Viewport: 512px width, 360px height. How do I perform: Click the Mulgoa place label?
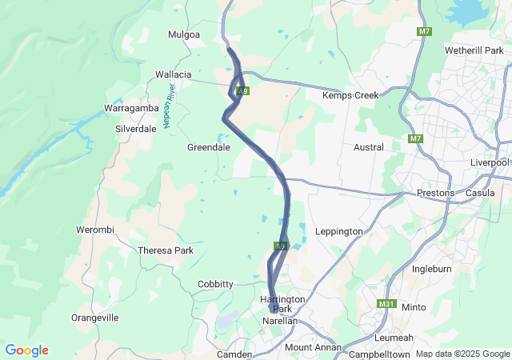coord(182,34)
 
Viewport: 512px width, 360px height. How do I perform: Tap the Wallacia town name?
coord(174,74)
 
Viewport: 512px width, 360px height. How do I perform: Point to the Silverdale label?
coord(136,128)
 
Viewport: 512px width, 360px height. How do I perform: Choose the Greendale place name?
coord(209,147)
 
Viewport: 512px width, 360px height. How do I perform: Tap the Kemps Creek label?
coord(350,95)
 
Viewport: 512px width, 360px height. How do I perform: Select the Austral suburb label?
coord(369,147)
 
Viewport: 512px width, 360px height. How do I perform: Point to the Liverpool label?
coord(490,162)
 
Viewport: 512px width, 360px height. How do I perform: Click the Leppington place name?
coord(339,231)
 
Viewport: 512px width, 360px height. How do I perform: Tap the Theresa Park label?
coord(166,250)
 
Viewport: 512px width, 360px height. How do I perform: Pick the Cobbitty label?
coord(215,284)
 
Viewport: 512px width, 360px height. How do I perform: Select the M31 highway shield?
coord(386,304)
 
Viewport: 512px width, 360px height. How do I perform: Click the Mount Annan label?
coord(313,347)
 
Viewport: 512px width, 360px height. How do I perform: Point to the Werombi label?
coord(95,230)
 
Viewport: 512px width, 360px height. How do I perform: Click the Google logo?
coord(26,350)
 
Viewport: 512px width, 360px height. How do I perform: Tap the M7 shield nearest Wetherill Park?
coord(424,31)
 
